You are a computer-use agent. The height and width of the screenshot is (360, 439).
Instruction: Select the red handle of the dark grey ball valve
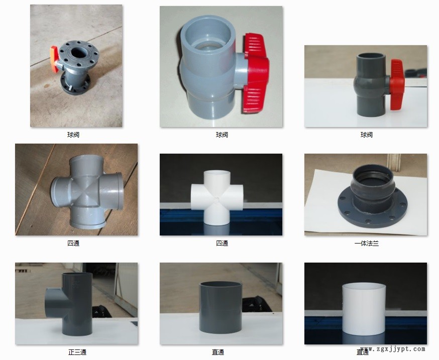pyautogui.click(x=397, y=84)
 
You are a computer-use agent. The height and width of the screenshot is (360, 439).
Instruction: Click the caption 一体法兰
pyautogui.click(x=367, y=244)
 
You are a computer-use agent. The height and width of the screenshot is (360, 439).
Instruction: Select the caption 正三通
pyautogui.click(x=77, y=352)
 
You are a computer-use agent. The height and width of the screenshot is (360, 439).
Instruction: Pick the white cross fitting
pyautogui.click(x=217, y=197)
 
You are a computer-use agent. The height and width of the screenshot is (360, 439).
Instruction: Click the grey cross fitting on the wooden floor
pyautogui.click(x=87, y=192)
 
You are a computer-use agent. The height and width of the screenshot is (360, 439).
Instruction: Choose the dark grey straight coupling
pyautogui.click(x=221, y=307)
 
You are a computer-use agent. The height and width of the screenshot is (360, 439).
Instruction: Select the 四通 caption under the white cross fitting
pyautogui.click(x=222, y=244)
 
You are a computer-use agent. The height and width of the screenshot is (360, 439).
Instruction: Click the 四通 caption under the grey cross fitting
pyautogui.click(x=73, y=244)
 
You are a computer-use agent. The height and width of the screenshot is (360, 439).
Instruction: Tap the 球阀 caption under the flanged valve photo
pyautogui.click(x=73, y=135)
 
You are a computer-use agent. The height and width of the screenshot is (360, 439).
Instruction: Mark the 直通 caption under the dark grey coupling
pyautogui.click(x=218, y=352)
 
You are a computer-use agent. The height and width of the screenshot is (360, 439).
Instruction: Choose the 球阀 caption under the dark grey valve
pyautogui.click(x=367, y=135)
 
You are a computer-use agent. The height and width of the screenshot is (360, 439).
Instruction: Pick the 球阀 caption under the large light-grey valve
pyautogui.click(x=222, y=135)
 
